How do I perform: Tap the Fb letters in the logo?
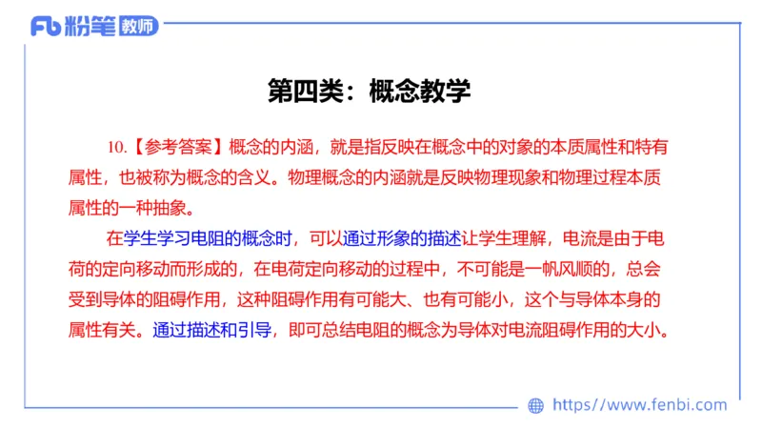[x=47, y=27]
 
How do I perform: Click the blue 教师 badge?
[x=139, y=27]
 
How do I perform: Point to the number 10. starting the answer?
[x=118, y=147]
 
